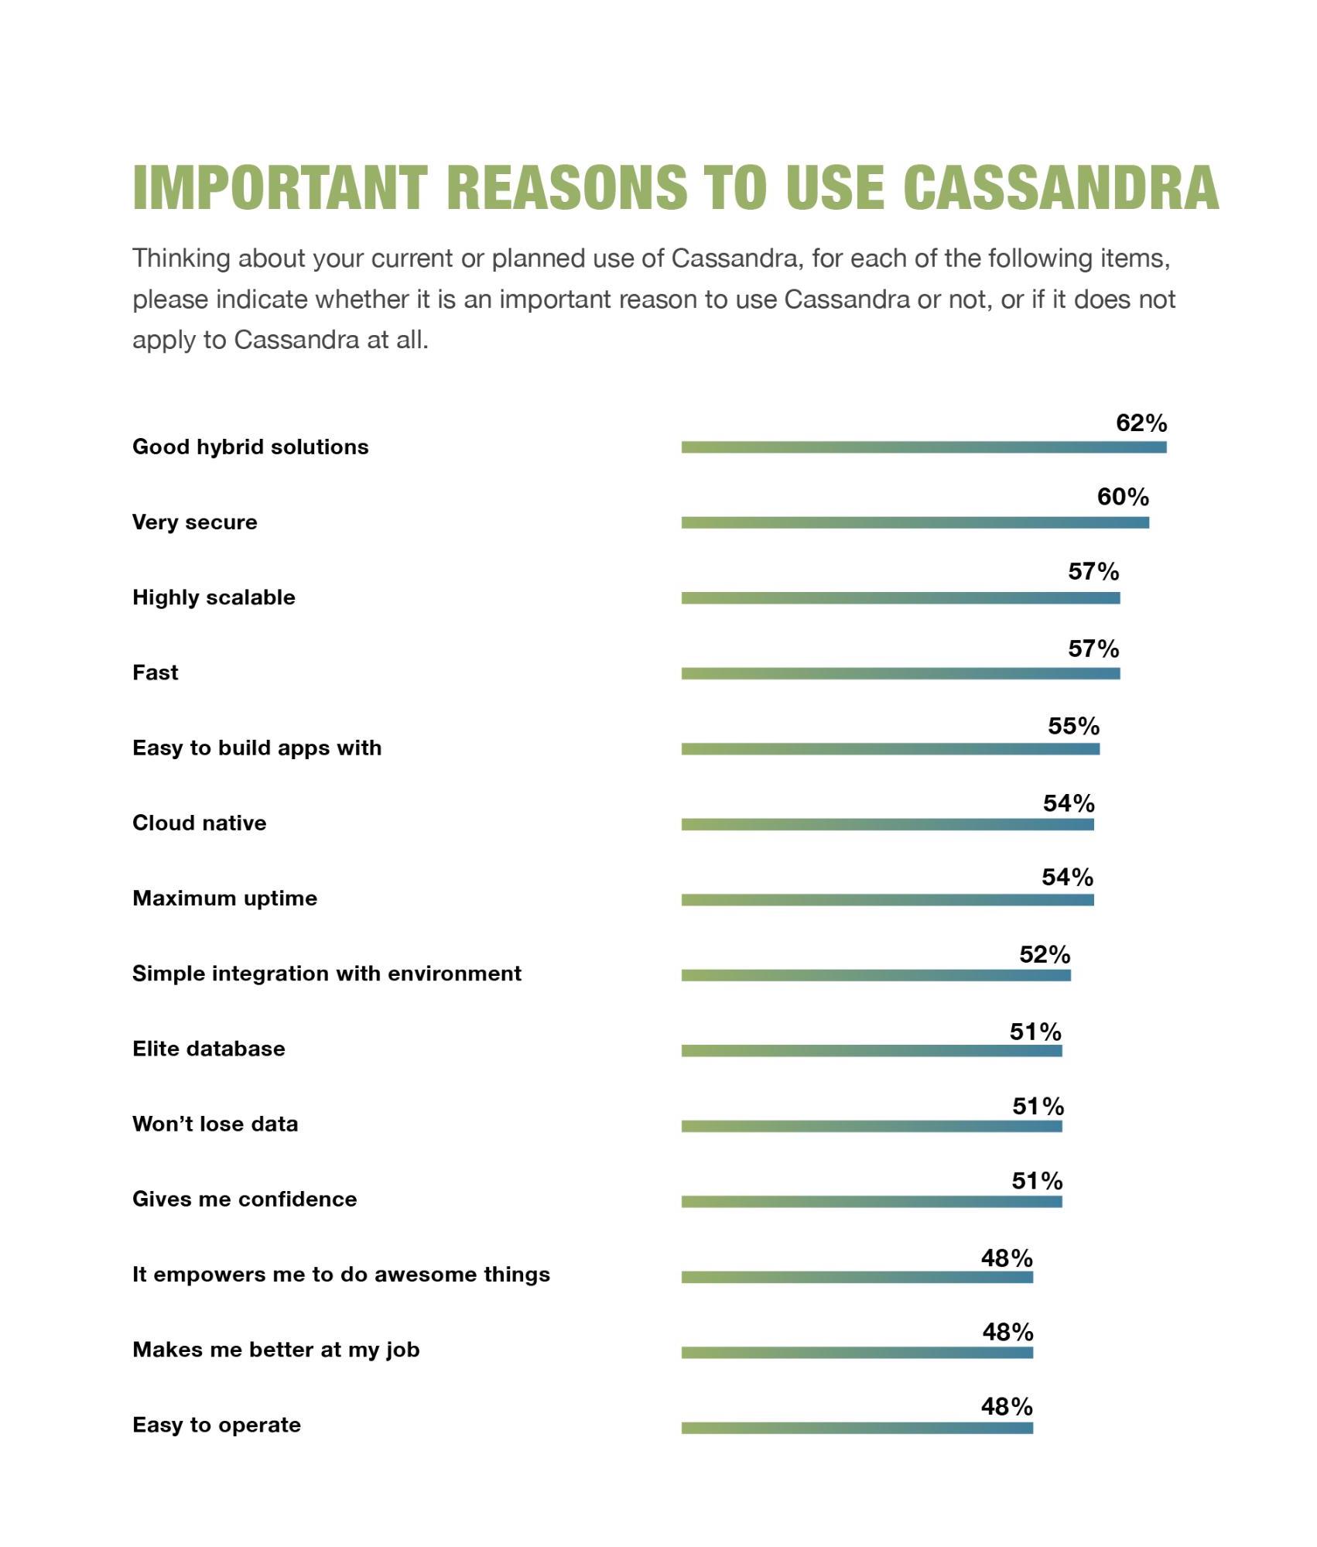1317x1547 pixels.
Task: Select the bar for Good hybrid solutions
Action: [x=923, y=447]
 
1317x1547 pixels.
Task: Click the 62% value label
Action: [x=1141, y=423]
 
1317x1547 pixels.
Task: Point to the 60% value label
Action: [x=1122, y=497]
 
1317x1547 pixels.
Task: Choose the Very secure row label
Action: [x=194, y=522]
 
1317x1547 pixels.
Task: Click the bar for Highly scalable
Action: [x=900, y=598]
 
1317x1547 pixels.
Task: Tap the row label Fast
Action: [x=155, y=673]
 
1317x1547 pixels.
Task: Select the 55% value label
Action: [x=1072, y=726]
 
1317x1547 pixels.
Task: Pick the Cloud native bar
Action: [x=887, y=825]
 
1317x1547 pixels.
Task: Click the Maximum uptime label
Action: [x=224, y=898]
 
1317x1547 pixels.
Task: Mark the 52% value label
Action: [x=1044, y=954]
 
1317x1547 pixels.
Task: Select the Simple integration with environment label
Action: [x=327, y=974]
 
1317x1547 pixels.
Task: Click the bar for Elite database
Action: [x=871, y=1051]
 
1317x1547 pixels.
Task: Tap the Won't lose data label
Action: [x=215, y=1124]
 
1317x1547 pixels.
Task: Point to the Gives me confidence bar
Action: [x=871, y=1202]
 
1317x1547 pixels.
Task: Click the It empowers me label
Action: [x=340, y=1275]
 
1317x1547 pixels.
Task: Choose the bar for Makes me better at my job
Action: [x=857, y=1353]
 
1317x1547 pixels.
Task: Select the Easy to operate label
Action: [x=216, y=1425]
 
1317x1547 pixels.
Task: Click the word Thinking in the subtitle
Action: [x=181, y=258]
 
